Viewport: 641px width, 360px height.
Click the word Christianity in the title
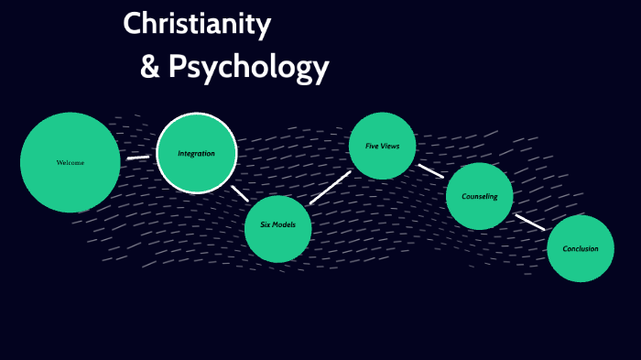[x=197, y=25]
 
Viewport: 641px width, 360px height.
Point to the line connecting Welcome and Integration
[x=137, y=157]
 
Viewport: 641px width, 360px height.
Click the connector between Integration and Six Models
[x=240, y=193]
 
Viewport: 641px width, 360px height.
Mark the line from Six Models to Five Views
[x=330, y=188]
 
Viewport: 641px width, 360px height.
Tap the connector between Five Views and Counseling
[x=430, y=170]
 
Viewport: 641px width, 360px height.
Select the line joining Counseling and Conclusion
[x=529, y=222]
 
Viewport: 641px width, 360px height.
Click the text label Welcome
[x=70, y=162]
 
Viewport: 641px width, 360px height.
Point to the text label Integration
[x=197, y=153]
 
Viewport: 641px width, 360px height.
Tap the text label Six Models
[x=278, y=224]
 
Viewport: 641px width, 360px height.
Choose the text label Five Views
[x=383, y=146]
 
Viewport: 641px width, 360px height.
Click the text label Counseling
[x=479, y=196]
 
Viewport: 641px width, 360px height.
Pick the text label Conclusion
[x=581, y=248]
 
